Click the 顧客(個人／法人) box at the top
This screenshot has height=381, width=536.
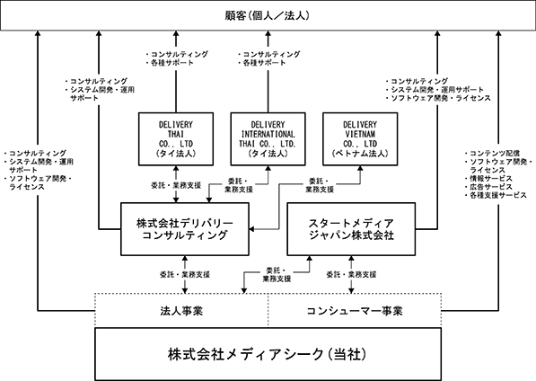[268, 15]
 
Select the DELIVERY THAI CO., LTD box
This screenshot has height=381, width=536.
[176, 139]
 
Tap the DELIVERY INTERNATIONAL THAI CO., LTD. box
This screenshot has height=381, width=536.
[268, 139]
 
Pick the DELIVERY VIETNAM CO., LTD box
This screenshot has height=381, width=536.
[360, 139]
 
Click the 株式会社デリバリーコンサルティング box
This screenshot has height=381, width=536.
[185, 229]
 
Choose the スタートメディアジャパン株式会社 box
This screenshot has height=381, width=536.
[351, 229]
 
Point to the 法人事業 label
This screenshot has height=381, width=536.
[181, 311]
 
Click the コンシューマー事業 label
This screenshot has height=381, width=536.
[355, 311]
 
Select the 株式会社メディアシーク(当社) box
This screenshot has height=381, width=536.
[268, 354]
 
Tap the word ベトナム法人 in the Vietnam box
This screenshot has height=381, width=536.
[360, 154]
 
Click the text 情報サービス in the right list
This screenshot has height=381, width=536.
[491, 179]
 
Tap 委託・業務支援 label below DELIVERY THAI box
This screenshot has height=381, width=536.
[176, 185]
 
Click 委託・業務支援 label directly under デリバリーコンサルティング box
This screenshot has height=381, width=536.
[185, 274]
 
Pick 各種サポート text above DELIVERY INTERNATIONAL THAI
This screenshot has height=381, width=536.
[264, 63]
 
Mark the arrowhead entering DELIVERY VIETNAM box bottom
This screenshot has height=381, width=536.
[360, 169]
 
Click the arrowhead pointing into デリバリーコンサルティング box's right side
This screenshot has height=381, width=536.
[252, 229]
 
